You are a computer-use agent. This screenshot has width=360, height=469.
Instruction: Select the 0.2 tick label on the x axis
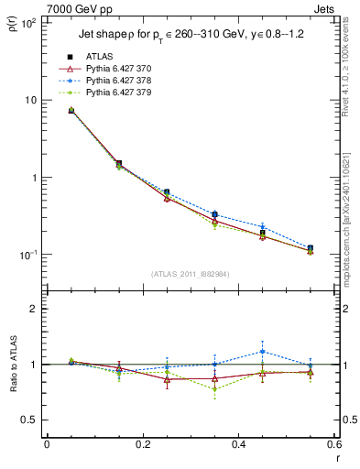pyautogui.click(x=142, y=444)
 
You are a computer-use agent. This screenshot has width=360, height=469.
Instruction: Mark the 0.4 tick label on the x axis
pyautogui.click(x=238, y=444)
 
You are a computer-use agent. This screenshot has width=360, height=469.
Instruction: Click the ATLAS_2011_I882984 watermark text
pyautogui.click(x=190, y=274)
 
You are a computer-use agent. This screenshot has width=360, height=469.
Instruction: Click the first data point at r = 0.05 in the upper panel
pyautogui.click(x=71, y=110)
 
